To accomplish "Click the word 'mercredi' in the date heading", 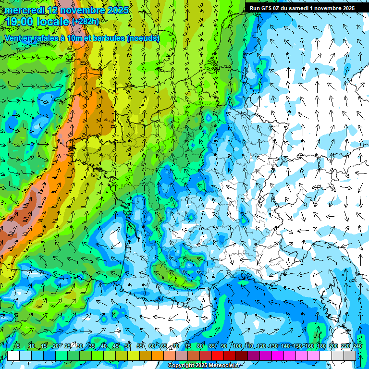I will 24,10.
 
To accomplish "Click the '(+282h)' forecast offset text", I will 86,21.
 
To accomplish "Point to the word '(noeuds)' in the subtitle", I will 143,38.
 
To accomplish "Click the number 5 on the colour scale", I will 18,346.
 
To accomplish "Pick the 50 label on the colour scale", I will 128,346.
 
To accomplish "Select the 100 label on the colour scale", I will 237,346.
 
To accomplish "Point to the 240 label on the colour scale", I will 357,346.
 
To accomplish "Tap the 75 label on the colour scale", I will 188,346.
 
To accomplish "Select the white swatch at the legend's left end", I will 13,356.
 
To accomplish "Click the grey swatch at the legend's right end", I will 350,356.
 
